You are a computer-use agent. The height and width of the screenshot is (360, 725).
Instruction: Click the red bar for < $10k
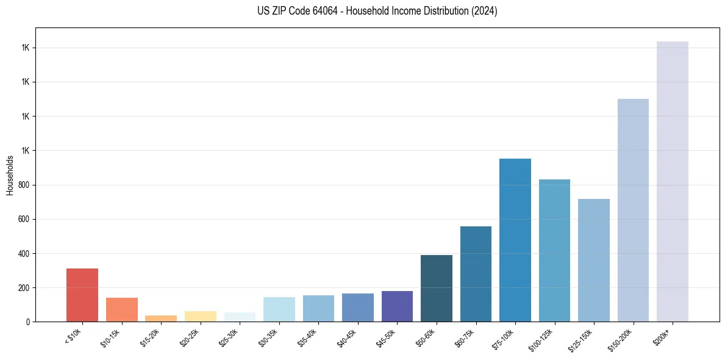coord(82,295)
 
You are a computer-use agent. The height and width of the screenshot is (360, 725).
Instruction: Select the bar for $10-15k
coord(122,309)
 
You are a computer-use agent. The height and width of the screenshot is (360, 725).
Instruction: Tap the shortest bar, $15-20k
coord(161,318)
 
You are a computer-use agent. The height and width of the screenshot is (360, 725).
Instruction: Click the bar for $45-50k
coord(397,306)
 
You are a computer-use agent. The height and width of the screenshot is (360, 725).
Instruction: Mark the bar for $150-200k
coord(633,210)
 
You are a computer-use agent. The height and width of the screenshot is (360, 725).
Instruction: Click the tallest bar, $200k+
coord(673,181)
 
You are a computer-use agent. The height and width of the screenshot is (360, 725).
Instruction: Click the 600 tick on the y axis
coord(25,219)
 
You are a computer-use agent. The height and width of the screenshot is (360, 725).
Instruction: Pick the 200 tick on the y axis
coord(25,287)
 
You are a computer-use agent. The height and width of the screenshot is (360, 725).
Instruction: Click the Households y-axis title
coord(10,175)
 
